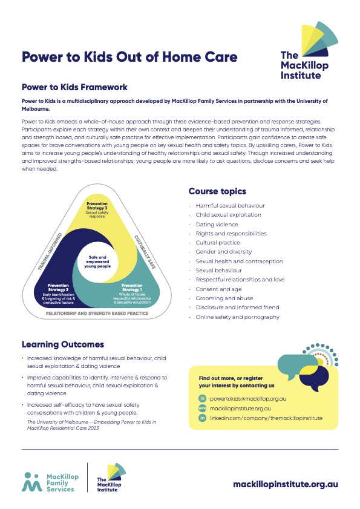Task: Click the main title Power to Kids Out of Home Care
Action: pyautogui.click(x=129, y=57)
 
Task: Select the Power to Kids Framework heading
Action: pyautogui.click(x=74, y=87)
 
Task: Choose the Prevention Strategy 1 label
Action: pyautogui.click(x=132, y=288)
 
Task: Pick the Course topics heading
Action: pyautogui.click(x=217, y=191)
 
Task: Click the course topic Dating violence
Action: pyautogui.click(x=217, y=225)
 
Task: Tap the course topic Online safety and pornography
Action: pyautogui.click(x=237, y=317)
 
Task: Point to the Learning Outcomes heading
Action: pyautogui.click(x=63, y=344)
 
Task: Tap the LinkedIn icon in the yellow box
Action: pyautogui.click(x=203, y=418)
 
